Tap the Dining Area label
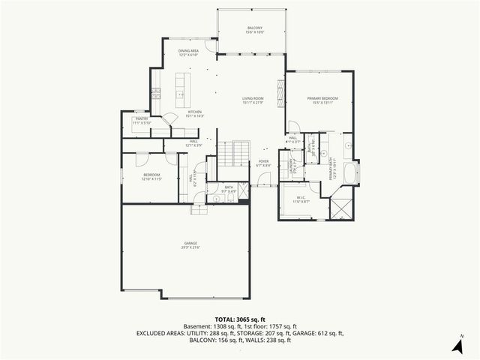[187, 53]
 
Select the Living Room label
[252, 100]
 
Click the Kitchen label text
[195, 114]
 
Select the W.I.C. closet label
[301, 199]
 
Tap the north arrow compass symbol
[457, 344]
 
